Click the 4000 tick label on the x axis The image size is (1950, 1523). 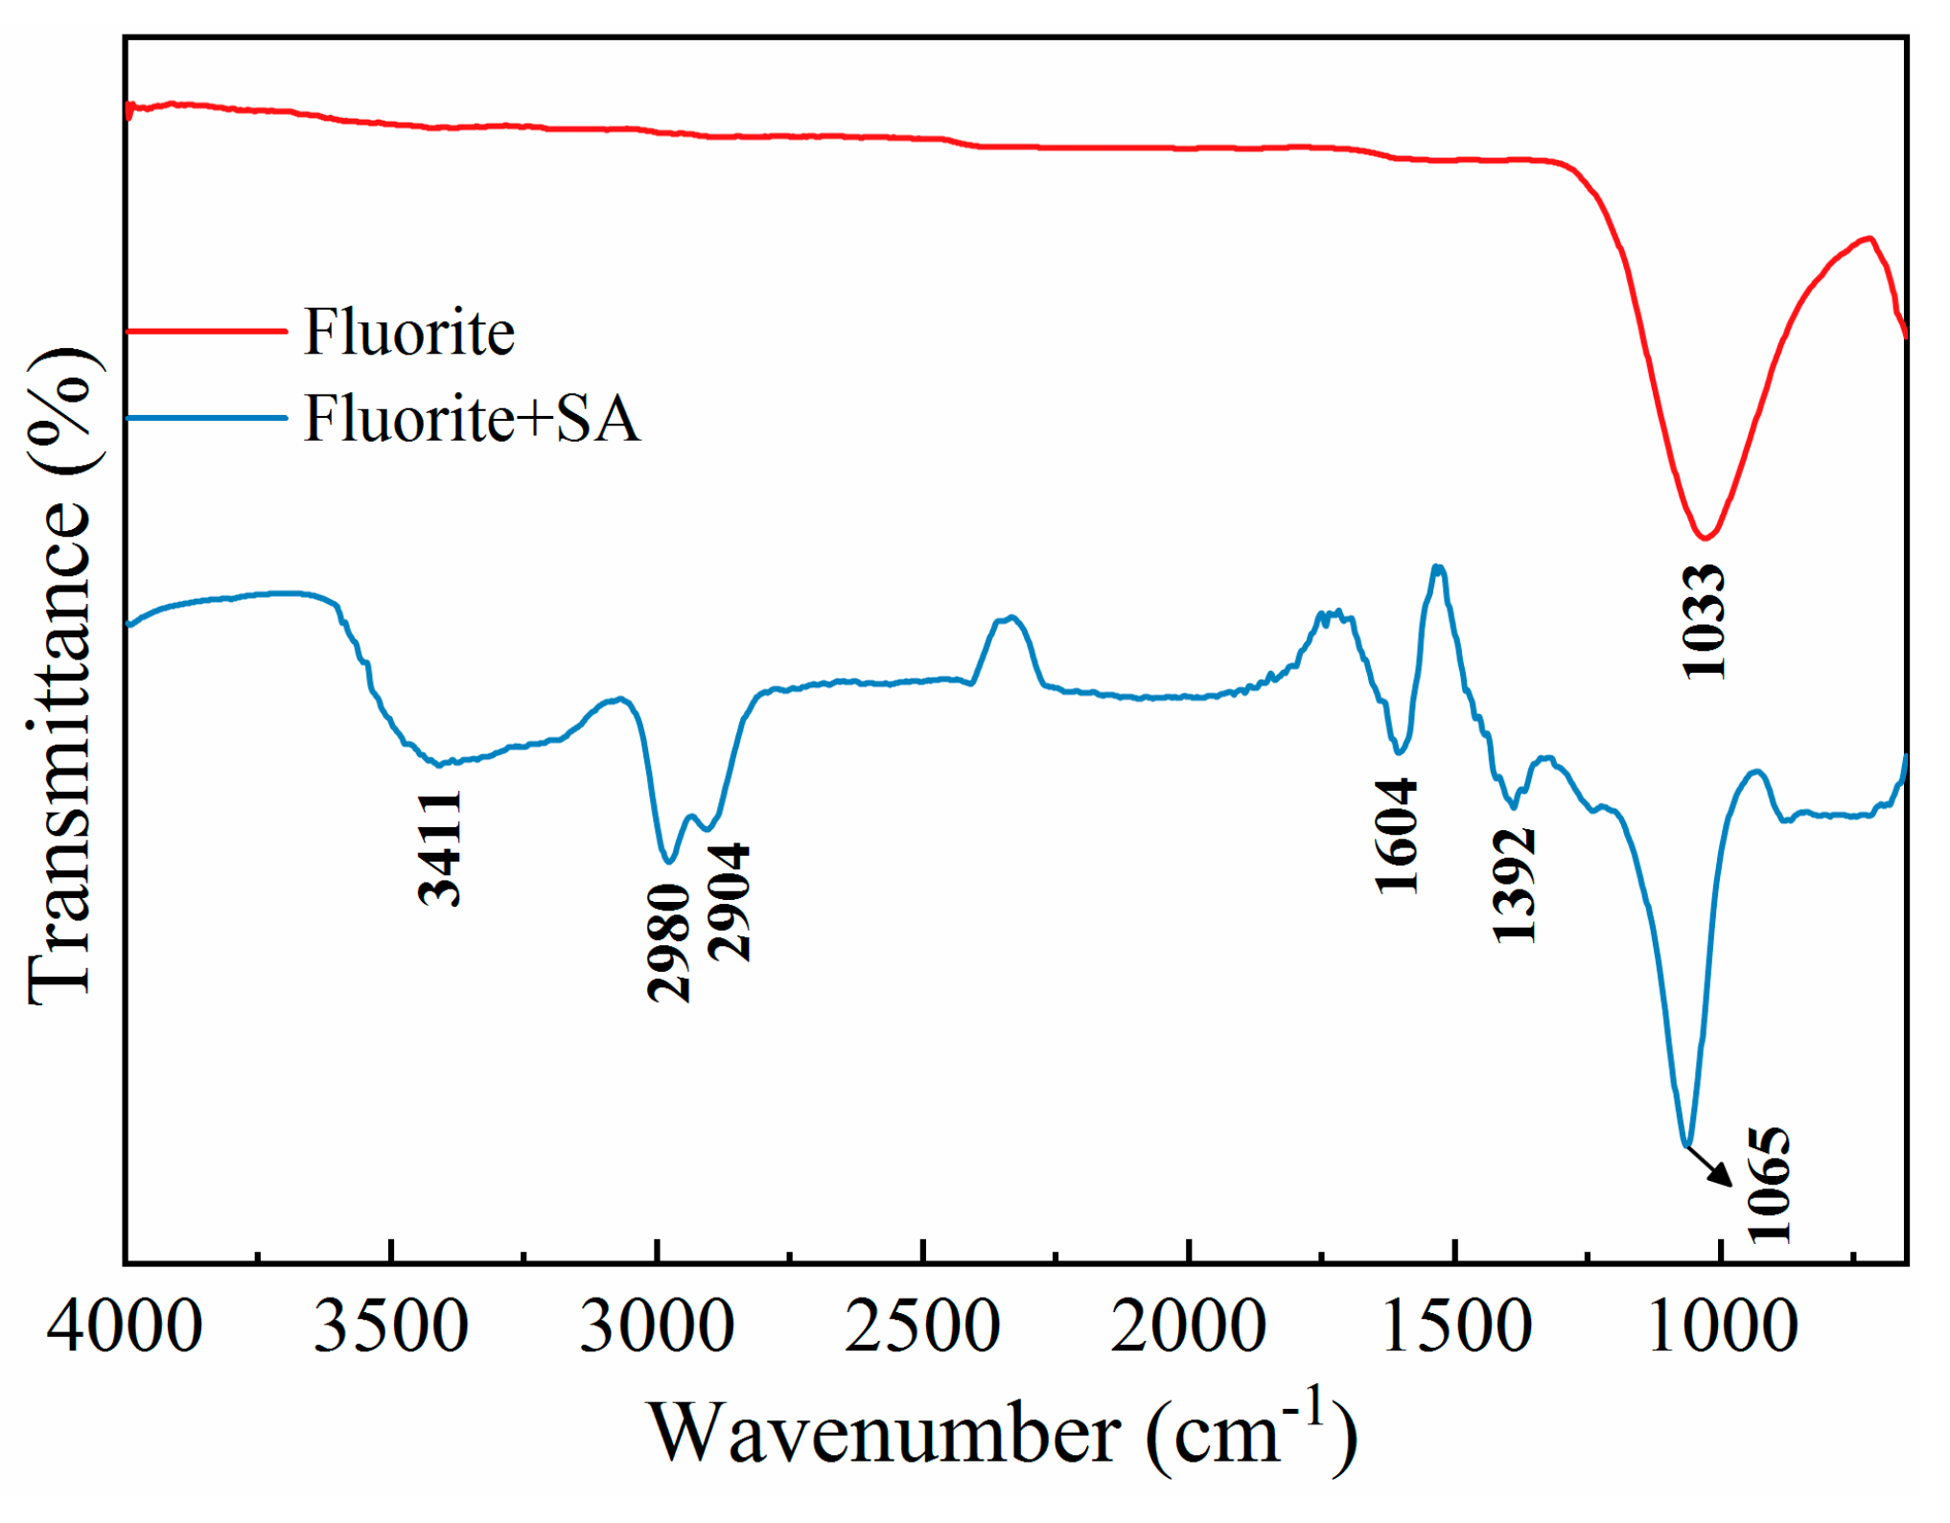coord(125,1327)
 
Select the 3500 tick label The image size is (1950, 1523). coord(391,1327)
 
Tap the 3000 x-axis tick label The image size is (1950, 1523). coord(657,1327)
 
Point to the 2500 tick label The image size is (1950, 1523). coord(922,1327)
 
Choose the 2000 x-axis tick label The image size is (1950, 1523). coord(1189,1327)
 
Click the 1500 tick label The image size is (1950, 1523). coord(1455,1327)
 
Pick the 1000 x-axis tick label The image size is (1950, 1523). coord(1722,1327)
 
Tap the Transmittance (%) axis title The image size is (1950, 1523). coord(59,676)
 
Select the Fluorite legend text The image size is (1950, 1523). coord(409,333)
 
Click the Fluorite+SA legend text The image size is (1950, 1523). coord(472,419)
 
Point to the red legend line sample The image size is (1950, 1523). coord(206,332)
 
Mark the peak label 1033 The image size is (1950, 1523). coord(1705,622)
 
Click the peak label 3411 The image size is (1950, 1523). coord(440,849)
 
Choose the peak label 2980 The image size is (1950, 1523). coord(669,943)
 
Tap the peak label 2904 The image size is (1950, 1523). coord(730,902)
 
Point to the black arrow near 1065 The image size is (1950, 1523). coord(1709,1166)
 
